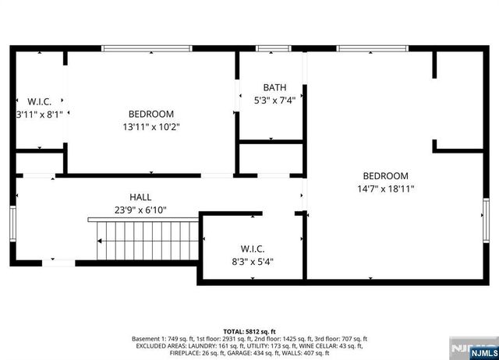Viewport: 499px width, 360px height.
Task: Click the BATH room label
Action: point(274,87)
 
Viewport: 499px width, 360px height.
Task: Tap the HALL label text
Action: point(140,197)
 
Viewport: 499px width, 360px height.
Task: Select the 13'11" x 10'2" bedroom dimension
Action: point(150,126)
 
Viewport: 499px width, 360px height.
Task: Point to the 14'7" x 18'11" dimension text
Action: point(385,189)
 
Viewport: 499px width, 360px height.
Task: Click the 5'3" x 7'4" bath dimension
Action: point(274,100)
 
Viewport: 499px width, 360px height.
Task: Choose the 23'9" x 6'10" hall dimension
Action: point(140,210)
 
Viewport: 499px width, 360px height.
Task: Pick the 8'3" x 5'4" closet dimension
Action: point(252,262)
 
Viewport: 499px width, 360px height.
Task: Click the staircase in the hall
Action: point(146,241)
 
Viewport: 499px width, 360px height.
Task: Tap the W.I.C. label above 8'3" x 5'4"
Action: point(252,249)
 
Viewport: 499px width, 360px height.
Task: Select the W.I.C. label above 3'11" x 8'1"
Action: point(40,101)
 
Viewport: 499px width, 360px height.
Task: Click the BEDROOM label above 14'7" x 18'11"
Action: point(385,176)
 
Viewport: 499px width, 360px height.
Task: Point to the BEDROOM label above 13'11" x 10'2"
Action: point(151,114)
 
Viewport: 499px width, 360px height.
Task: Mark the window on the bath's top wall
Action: point(269,48)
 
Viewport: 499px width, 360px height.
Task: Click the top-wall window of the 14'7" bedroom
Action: point(372,48)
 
